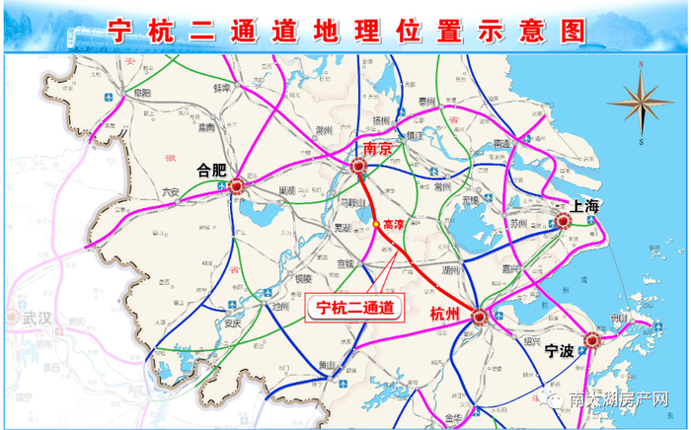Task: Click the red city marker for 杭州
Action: (479, 317)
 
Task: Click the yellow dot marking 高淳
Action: (375, 224)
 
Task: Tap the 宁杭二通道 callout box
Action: (353, 308)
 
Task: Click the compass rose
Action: (641, 103)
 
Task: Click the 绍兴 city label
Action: (530, 341)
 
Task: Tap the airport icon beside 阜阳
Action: (107, 96)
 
